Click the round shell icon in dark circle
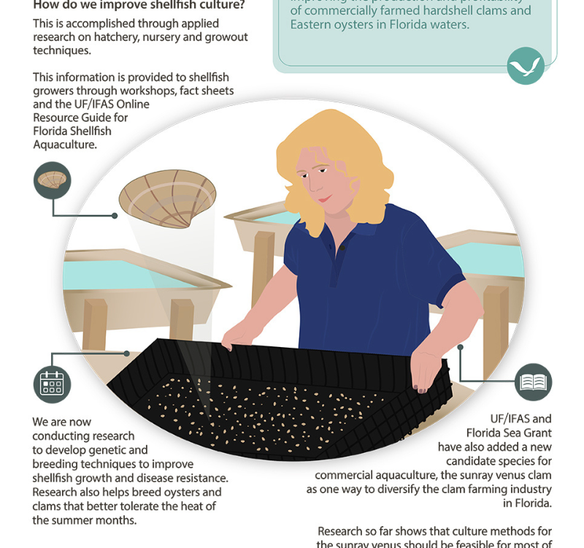[53, 180]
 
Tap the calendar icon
[52, 384]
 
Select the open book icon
[533, 382]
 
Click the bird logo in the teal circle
[526, 66]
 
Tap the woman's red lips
[323, 197]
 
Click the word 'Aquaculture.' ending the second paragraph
[65, 144]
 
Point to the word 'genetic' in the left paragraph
[128, 450]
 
